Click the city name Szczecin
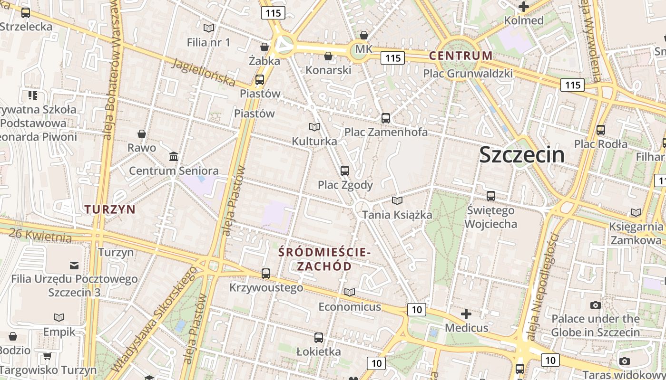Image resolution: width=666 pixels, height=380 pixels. pos(522,155)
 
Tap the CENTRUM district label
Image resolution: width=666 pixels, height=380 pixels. pos(460,56)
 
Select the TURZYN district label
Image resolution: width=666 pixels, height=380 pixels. pos(110,209)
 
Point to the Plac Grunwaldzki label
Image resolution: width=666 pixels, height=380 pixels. pos(468,74)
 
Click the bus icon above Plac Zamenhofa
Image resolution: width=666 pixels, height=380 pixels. pos(386,118)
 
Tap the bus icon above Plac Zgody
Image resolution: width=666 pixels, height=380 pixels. pos(345,171)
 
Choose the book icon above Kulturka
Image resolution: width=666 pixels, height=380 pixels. pos(314,127)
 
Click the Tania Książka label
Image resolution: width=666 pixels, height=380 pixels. pos(397,215)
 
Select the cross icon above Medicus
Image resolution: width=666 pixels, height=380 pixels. pos(466,314)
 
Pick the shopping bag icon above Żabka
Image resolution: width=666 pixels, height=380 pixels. pos(264,47)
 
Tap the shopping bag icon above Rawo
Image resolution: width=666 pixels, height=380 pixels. pos(141,134)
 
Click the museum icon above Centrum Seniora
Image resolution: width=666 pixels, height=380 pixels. pos(174,156)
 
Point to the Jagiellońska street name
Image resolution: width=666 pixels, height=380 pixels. pos(204,73)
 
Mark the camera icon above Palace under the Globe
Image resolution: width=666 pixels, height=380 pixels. pos(595,305)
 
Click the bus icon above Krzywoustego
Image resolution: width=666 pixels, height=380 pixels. pos(266,274)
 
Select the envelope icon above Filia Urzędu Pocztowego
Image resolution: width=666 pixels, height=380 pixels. pos(74,265)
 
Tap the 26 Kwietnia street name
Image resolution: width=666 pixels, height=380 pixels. pos(40,235)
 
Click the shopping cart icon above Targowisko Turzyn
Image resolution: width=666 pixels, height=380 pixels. pos(47,356)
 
